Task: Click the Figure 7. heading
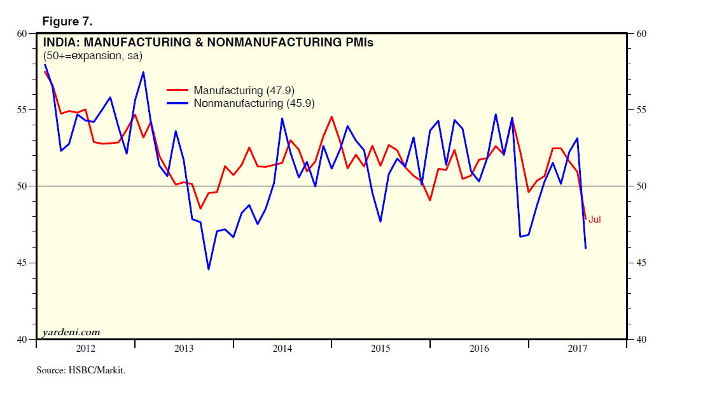(67, 22)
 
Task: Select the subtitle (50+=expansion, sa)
(92, 56)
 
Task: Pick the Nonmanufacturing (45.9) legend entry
(254, 103)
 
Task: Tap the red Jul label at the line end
(594, 219)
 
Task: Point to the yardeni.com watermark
(71, 332)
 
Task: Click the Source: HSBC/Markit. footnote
(80, 370)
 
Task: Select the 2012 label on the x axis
(86, 349)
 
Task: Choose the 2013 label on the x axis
(184, 349)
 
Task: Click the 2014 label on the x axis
(282, 349)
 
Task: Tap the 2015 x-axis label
(380, 349)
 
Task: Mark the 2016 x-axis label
(479, 349)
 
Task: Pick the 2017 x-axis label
(577, 349)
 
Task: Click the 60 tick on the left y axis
(22, 33)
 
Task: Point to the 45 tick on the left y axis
(22, 263)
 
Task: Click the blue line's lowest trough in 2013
(208, 269)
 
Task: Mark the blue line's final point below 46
(585, 248)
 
